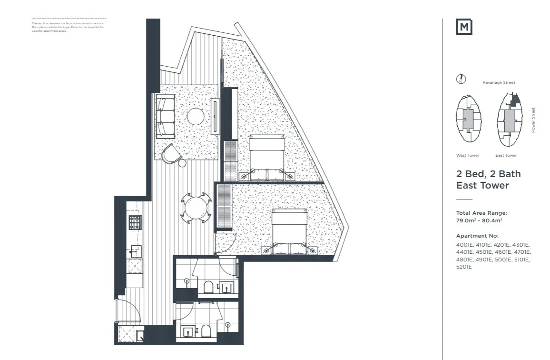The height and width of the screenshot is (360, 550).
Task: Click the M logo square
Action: pos(464,27)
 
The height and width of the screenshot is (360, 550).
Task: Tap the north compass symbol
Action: pos(461,79)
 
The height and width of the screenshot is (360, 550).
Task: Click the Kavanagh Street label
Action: pos(499,82)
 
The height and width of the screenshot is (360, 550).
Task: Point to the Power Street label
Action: pos(533,120)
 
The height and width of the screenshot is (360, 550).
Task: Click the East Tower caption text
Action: pos(506,155)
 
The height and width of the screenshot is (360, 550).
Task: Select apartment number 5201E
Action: pos(464,267)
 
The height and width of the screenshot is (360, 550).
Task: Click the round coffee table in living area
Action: pos(196,116)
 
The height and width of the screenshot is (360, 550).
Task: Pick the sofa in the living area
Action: pos(165,116)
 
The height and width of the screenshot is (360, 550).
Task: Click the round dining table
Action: pos(196,208)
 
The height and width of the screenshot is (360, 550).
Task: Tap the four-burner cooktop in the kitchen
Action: pos(135,222)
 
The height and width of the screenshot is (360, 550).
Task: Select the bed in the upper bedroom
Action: pos(266,157)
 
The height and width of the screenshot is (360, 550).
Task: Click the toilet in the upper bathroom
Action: pos(208,287)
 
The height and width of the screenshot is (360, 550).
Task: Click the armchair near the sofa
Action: pos(171,154)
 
